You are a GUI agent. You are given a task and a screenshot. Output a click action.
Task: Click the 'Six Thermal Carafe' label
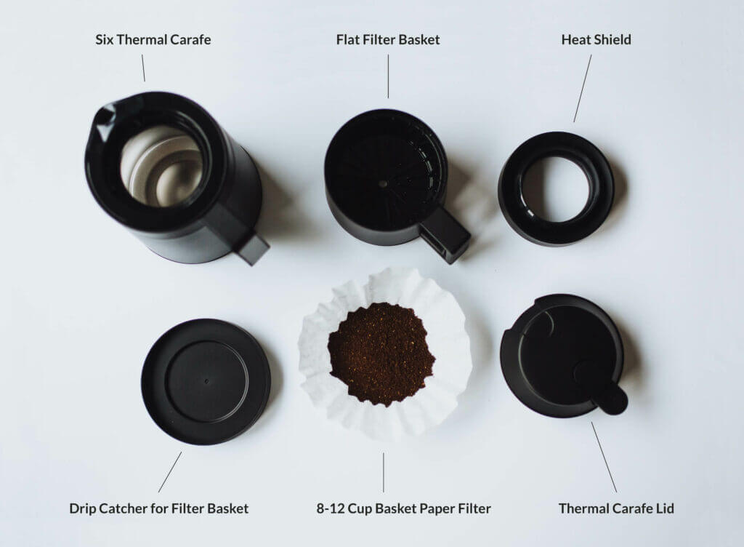153,39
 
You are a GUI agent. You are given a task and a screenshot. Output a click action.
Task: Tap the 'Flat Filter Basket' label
388,39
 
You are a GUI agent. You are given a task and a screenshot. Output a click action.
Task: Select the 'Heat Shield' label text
596,39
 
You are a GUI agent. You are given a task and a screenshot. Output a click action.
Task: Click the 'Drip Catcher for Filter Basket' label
159,508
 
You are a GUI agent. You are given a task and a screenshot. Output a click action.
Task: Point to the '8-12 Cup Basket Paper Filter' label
404,508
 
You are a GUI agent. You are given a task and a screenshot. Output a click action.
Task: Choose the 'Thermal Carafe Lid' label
616,508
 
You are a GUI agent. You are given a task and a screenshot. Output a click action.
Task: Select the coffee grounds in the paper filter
381,354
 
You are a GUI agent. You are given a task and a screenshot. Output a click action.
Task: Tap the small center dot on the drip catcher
206,381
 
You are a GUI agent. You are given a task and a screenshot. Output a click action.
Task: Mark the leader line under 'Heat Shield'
583,88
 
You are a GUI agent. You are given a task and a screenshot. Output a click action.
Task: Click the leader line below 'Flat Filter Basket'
388,76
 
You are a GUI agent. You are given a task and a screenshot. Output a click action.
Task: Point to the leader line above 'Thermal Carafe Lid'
604,458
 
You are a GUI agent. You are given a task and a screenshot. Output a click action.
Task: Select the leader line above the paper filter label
384,473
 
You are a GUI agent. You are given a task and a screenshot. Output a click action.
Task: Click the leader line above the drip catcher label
170,472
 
